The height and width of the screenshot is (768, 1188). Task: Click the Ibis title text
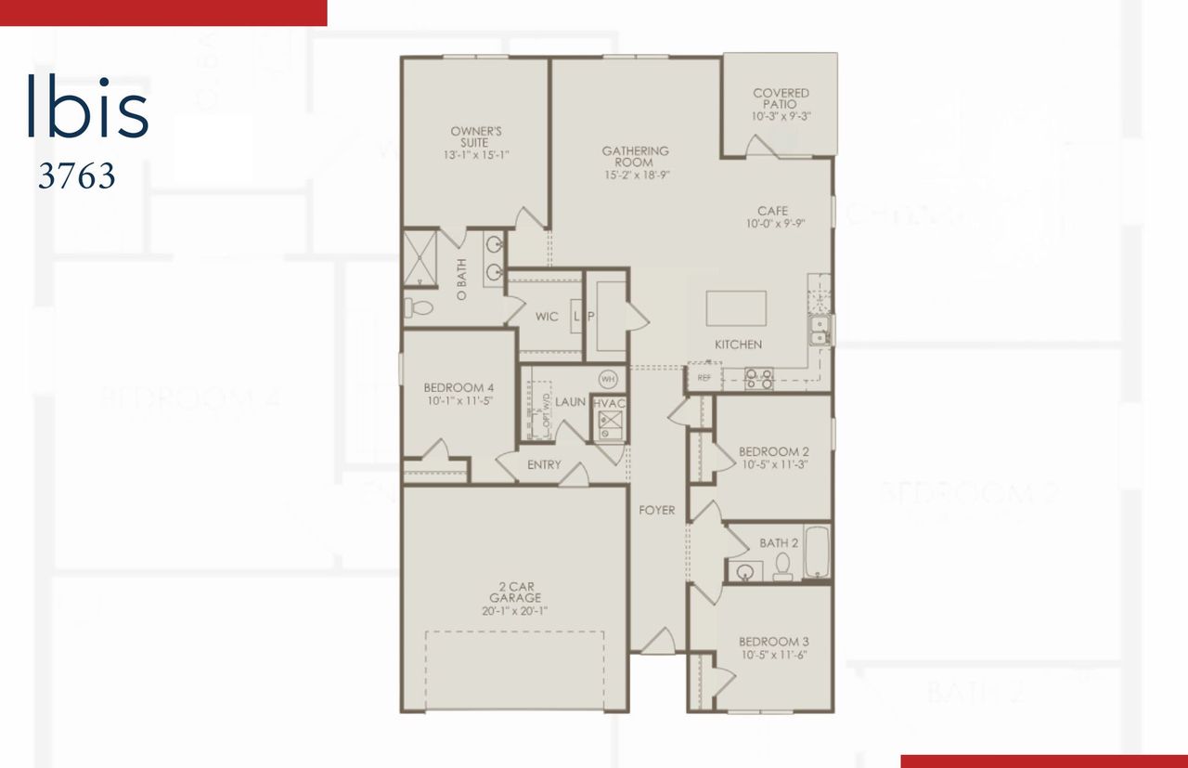pyautogui.click(x=87, y=108)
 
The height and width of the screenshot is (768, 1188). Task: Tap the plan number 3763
pyautogui.click(x=76, y=176)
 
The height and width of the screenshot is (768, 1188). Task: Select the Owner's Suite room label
pyautogui.click(x=476, y=137)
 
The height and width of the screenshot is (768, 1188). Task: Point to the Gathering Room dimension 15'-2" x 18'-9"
pyautogui.click(x=635, y=175)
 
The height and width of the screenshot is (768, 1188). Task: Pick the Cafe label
pyautogui.click(x=772, y=211)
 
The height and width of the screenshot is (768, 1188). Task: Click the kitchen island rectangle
pyautogui.click(x=736, y=307)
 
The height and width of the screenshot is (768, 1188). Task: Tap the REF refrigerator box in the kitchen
pyautogui.click(x=704, y=378)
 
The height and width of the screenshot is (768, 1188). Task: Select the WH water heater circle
pyautogui.click(x=608, y=379)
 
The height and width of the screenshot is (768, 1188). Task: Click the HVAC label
pyautogui.click(x=609, y=402)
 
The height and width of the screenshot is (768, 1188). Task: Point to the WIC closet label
pyautogui.click(x=547, y=317)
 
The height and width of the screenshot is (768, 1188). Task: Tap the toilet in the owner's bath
pyautogui.click(x=420, y=307)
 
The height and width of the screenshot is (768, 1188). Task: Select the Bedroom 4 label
pyautogui.click(x=458, y=387)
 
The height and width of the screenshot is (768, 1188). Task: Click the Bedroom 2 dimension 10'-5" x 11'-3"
pyautogui.click(x=773, y=464)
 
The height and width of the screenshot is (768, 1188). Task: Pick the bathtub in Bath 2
pyautogui.click(x=816, y=553)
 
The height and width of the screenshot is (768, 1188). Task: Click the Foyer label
pyautogui.click(x=656, y=511)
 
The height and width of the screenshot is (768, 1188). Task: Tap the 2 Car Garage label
pyautogui.click(x=515, y=592)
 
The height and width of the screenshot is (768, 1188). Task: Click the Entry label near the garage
pyautogui.click(x=544, y=464)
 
